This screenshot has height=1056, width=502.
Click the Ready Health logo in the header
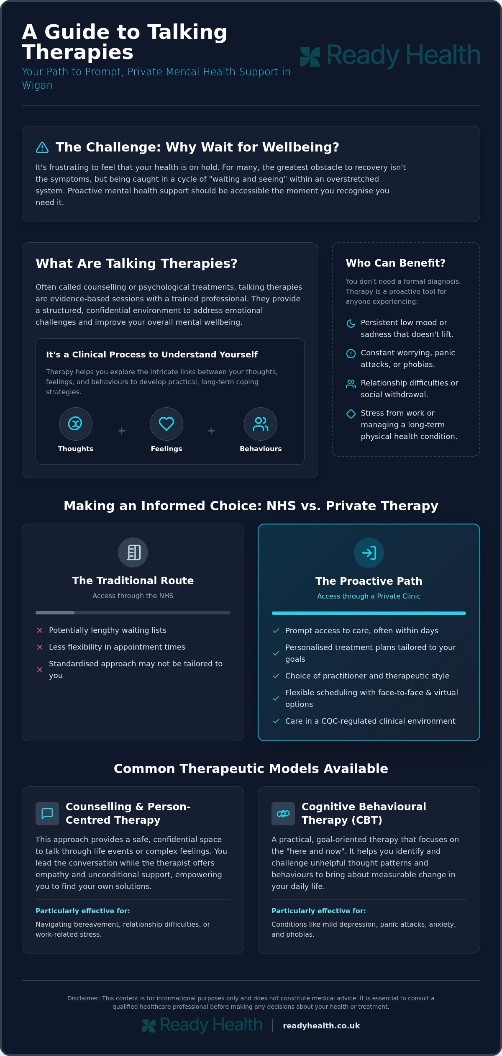click(390, 56)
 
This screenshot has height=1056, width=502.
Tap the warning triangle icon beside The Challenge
click(42, 147)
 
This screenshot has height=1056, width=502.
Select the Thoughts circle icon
click(75, 424)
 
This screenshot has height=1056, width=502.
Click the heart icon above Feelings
click(166, 424)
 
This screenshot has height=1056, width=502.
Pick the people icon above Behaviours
click(261, 424)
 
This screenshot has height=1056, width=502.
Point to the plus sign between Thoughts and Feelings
click(121, 431)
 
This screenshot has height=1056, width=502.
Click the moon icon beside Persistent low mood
click(351, 323)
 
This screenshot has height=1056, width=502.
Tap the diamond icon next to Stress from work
click(351, 414)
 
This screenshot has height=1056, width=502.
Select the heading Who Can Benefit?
click(395, 263)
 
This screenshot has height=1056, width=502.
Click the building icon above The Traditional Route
click(133, 552)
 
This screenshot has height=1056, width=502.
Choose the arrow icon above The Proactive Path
click(369, 553)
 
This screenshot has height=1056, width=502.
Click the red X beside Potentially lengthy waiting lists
click(40, 630)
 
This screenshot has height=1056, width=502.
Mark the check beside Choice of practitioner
click(276, 676)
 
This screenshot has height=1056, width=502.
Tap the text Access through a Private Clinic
click(369, 596)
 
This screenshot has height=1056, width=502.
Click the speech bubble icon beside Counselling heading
click(47, 814)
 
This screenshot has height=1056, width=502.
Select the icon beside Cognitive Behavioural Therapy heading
click(283, 814)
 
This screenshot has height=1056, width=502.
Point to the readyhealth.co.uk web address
click(321, 1025)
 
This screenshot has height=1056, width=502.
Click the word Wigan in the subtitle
click(37, 85)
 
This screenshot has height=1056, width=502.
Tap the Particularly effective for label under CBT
click(319, 911)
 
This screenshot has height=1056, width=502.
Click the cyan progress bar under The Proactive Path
click(369, 613)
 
